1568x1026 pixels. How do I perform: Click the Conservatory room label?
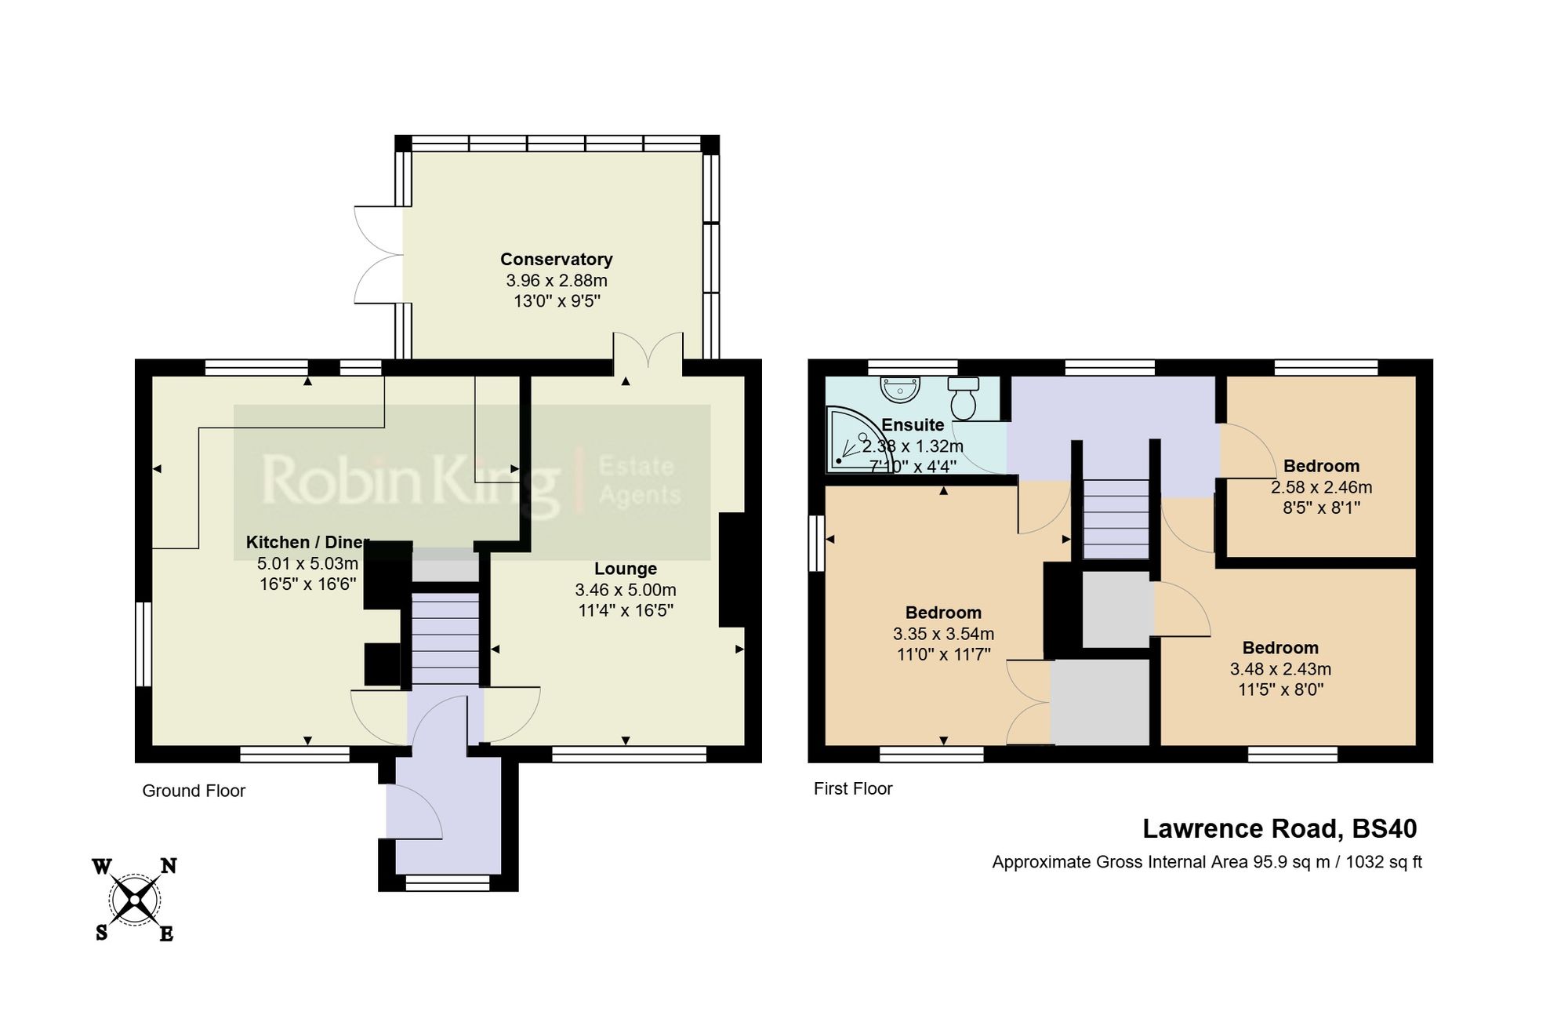pos(556,259)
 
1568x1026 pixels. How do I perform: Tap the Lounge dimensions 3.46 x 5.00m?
pos(625,590)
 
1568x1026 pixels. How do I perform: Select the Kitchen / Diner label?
pos(307,542)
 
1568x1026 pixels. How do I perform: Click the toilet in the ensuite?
pos(963,398)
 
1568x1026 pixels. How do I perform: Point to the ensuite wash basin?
pos(901,389)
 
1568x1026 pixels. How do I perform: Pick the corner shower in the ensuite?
pos(848,440)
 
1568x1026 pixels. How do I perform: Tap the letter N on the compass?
pos(169,866)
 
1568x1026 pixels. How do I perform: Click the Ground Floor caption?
pos(194,791)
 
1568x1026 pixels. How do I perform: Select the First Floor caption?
pos(853,788)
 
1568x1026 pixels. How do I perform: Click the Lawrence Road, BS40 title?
pos(1279,828)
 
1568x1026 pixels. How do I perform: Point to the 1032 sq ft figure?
pos(1383,862)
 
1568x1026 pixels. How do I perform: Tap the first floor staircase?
pos(1116,518)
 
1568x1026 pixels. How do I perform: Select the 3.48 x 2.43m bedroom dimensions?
pos(1279,669)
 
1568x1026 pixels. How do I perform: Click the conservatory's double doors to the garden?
pos(377,255)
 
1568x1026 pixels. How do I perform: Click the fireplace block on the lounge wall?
pos(732,569)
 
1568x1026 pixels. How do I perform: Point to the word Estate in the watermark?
pos(636,467)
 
